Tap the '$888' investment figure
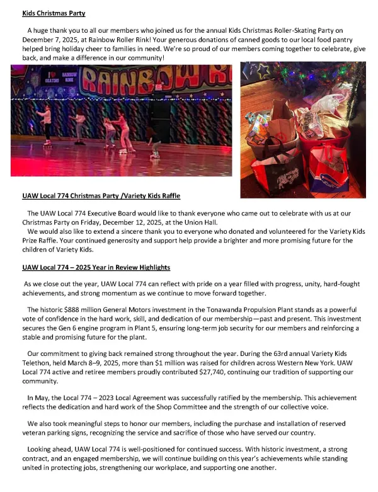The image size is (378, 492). [x=71, y=310]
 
